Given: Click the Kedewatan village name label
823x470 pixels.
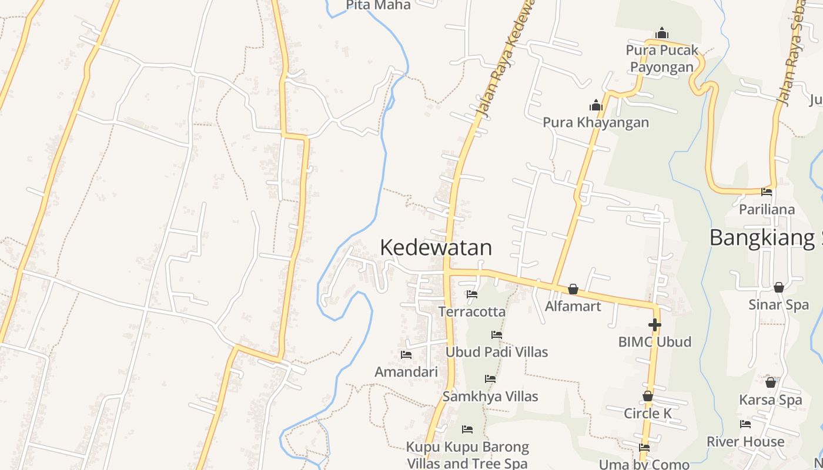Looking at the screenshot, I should pyautogui.click(x=436, y=247).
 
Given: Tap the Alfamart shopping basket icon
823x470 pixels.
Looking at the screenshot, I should pyautogui.click(x=573, y=289).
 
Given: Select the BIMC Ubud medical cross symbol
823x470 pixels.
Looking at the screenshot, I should pyautogui.click(x=654, y=324).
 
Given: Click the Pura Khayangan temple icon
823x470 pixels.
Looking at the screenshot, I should pyautogui.click(x=596, y=106).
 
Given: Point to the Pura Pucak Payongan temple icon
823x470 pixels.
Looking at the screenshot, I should pyautogui.click(x=662, y=33).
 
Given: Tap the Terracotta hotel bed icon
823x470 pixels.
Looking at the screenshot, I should pyautogui.click(x=472, y=294).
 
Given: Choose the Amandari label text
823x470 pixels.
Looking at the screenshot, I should pyautogui.click(x=406, y=372).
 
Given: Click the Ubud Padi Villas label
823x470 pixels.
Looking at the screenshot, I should pyautogui.click(x=497, y=352).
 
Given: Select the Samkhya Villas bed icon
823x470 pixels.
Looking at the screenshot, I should pyautogui.click(x=490, y=379).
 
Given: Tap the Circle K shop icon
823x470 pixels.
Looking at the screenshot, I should pyautogui.click(x=647, y=397).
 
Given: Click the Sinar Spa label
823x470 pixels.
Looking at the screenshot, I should pyautogui.click(x=778, y=305).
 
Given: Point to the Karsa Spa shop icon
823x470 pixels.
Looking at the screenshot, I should pyautogui.click(x=770, y=382).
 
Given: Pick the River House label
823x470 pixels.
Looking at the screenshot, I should pyautogui.click(x=745, y=441).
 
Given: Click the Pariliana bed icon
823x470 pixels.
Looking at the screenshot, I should pyautogui.click(x=767, y=192).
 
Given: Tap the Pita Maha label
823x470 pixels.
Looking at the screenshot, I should pyautogui.click(x=378, y=5).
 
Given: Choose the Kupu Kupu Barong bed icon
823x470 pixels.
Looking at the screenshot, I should pyautogui.click(x=467, y=429).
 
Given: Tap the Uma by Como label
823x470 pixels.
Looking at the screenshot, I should pyautogui.click(x=644, y=464).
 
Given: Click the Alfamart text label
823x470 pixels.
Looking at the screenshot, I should pyautogui.click(x=573, y=306).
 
